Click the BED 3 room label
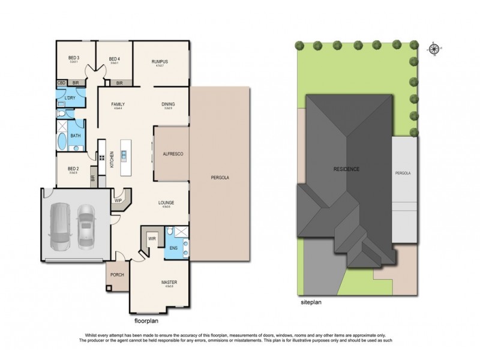pos(74,58)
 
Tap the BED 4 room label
pos(114,58)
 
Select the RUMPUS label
pos(159,62)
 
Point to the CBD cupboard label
pos(61,83)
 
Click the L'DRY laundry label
pos(70,97)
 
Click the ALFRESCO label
pos(172,154)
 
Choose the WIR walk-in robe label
pos(152,238)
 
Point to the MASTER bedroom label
pos(169,281)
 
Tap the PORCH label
pos(116,277)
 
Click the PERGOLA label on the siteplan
pos(403,173)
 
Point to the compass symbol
pos(433,50)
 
